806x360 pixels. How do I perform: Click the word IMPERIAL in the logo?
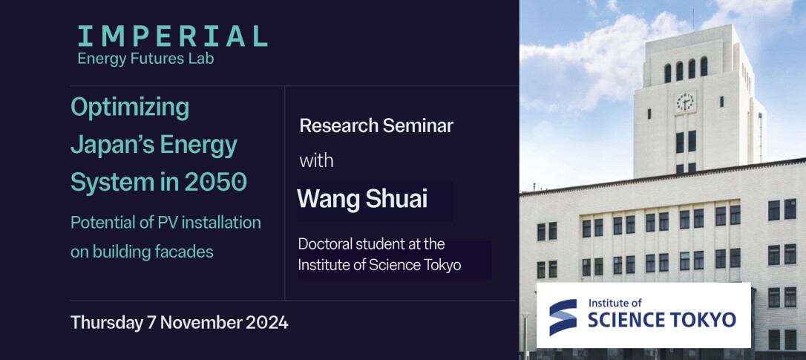172,36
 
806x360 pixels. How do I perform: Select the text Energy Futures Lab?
145,59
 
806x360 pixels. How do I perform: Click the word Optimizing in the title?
130,109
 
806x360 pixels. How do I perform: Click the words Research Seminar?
376,126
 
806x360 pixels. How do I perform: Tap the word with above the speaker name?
317,160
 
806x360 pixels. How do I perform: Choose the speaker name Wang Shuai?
362,199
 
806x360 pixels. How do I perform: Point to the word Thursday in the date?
106,323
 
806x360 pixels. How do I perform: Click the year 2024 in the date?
266,323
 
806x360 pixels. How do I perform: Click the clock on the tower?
685,102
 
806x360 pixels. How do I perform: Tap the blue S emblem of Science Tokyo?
563,317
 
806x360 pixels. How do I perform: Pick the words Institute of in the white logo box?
615,304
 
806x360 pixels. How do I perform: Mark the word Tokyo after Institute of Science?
445,266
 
